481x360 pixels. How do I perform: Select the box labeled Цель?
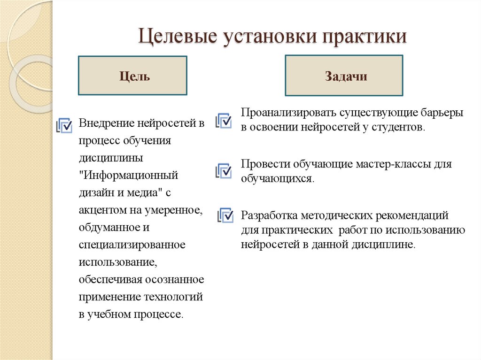[x=132, y=76]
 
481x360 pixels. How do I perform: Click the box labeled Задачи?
[x=343, y=76]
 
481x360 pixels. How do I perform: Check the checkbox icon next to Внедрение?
[x=64, y=125]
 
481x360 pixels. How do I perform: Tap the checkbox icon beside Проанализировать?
[x=224, y=121]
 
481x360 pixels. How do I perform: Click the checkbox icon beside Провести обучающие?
[x=224, y=170]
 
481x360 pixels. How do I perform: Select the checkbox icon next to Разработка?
[x=225, y=215]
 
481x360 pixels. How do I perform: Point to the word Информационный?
[x=129, y=175]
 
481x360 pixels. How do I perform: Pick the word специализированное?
[x=132, y=245]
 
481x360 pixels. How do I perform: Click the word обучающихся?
[x=277, y=179]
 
